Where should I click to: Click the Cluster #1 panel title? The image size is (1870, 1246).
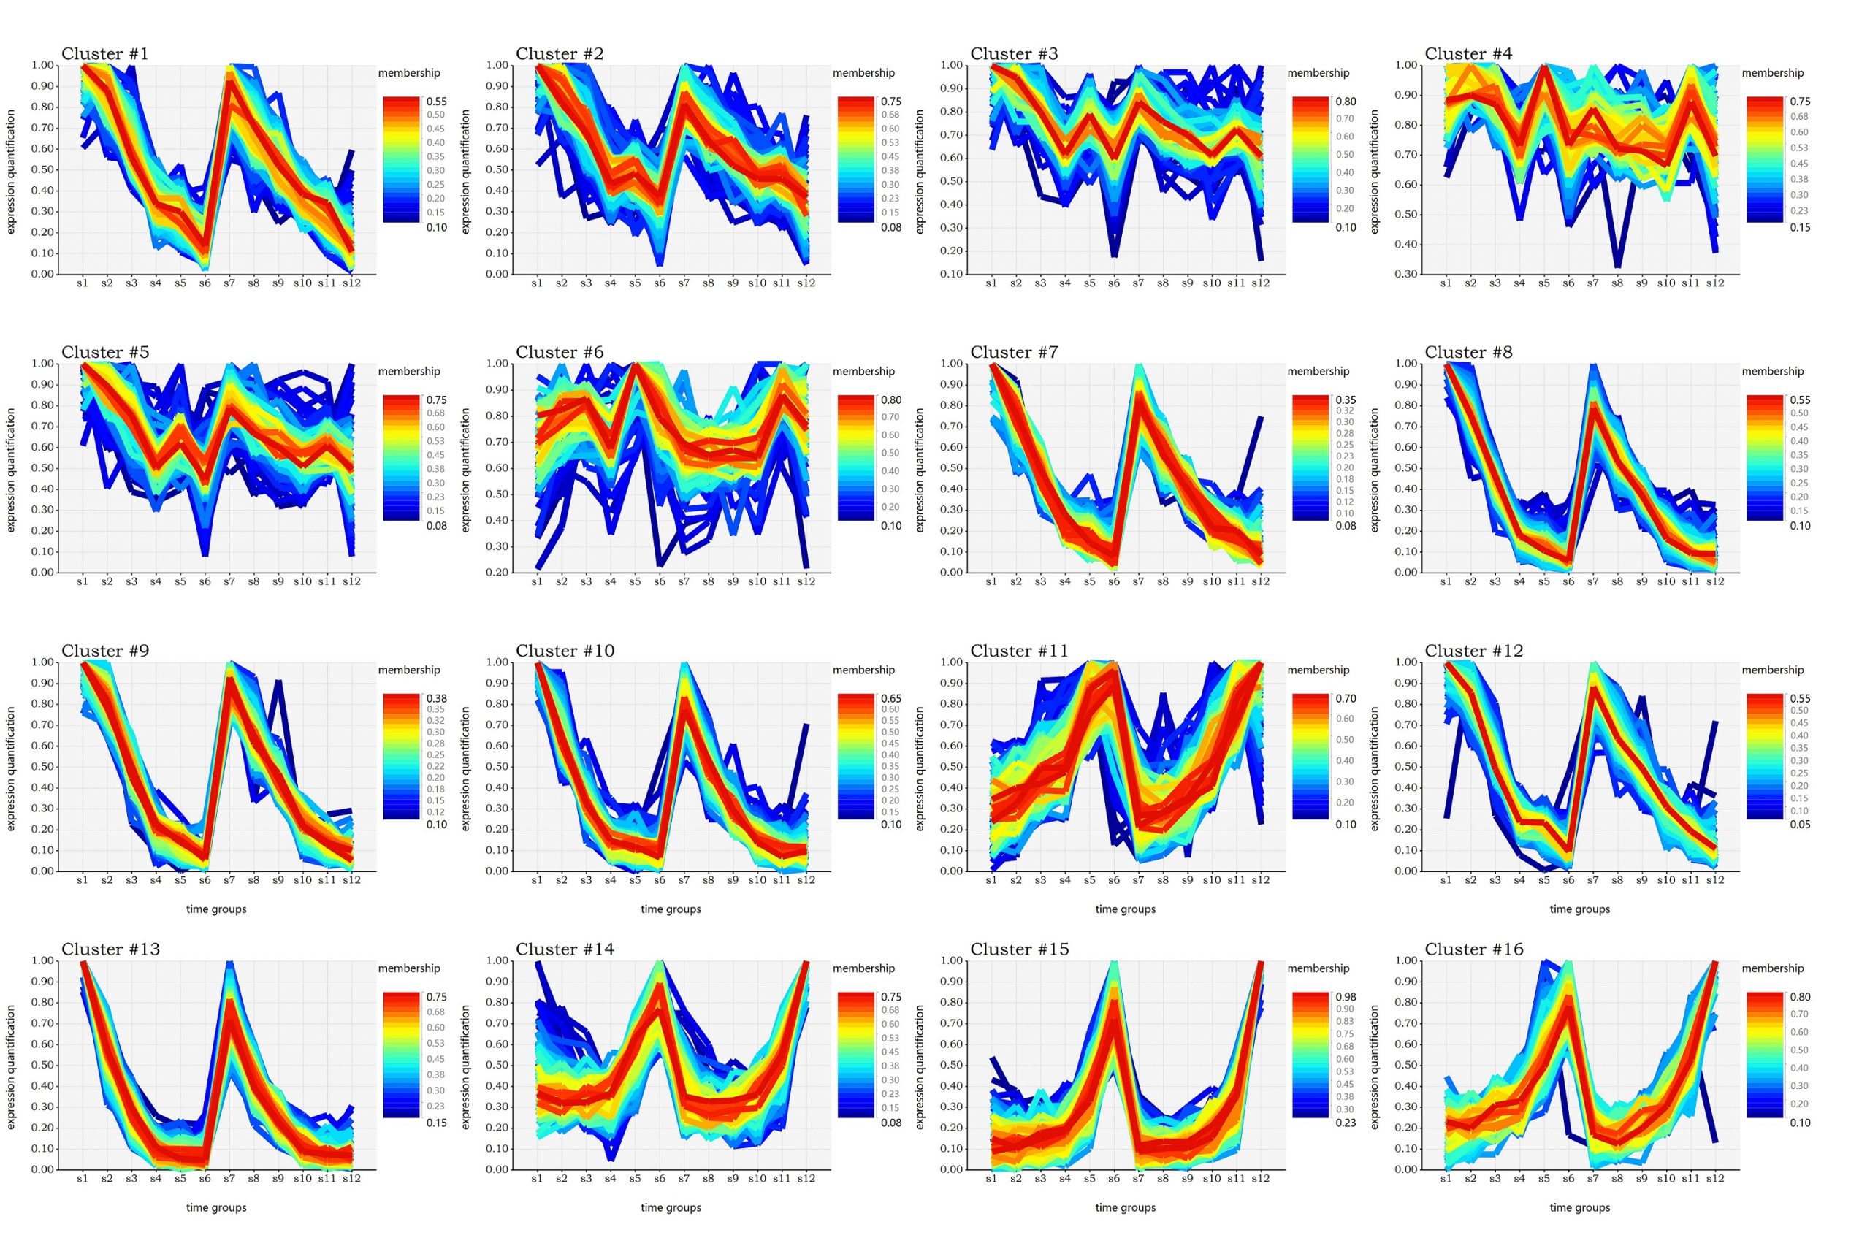(104, 54)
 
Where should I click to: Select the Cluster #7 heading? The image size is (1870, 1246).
(1013, 352)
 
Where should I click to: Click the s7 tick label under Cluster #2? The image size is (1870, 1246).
(684, 283)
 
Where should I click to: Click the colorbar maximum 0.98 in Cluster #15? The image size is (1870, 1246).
(1346, 996)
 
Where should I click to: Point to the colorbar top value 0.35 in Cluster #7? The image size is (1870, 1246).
(1346, 400)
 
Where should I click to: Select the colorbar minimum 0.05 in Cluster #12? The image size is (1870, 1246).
(1800, 824)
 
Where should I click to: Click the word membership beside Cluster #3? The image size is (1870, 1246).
(1318, 73)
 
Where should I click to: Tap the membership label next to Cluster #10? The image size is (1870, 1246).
(863, 670)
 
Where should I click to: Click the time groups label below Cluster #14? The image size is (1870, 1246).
(671, 1207)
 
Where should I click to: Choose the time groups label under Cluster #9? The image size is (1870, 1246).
(216, 909)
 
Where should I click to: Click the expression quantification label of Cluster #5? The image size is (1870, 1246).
(11, 470)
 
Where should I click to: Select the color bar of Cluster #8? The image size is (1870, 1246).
(1764, 458)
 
